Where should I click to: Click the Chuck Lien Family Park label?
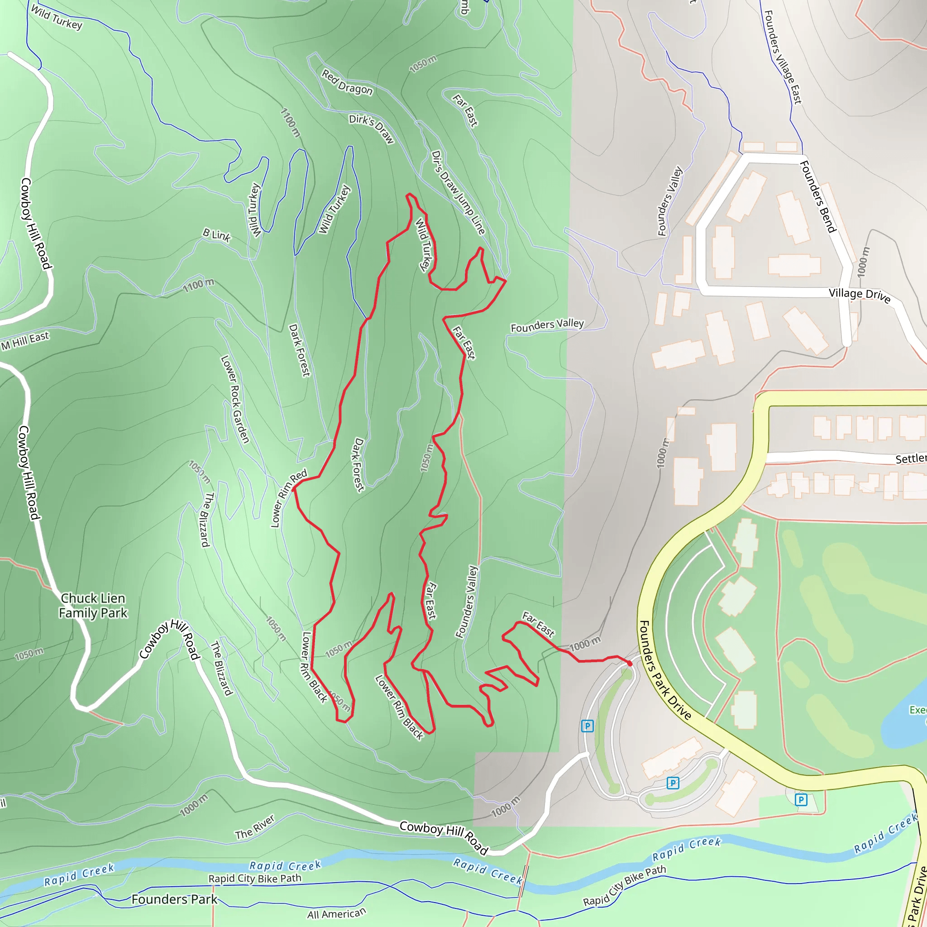pyautogui.click(x=93, y=606)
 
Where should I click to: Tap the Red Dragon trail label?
pyautogui.click(x=347, y=82)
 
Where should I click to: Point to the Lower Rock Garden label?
pyautogui.click(x=235, y=399)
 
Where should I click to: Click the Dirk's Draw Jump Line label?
pyautogui.click(x=458, y=192)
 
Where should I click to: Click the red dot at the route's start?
pyautogui.click(x=630, y=663)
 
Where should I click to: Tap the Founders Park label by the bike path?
pyautogui.click(x=174, y=899)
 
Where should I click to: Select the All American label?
pyautogui.click(x=336, y=913)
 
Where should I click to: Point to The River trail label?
pyautogui.click(x=255, y=827)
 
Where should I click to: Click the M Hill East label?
pyautogui.click(x=25, y=341)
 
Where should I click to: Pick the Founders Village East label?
pyautogui.click(x=783, y=57)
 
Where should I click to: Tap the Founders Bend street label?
pyautogui.click(x=818, y=197)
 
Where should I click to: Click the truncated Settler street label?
pyautogui.click(x=910, y=459)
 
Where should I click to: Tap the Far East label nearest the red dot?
pyautogui.click(x=538, y=625)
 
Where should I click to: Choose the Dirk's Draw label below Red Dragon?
pyautogui.click(x=371, y=129)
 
